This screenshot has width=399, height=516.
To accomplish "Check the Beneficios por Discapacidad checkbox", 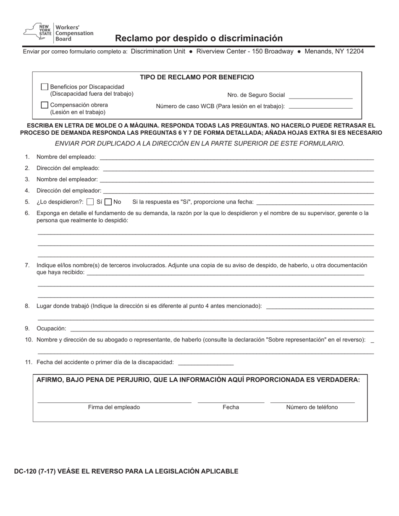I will tap(45, 87).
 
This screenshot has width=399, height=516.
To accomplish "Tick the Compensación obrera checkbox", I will tap(45, 105).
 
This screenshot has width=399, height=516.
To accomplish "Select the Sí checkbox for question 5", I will tap(90, 202).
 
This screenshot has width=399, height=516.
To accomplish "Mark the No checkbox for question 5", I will tap(108, 202).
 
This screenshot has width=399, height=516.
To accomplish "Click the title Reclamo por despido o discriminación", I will tap(199, 38).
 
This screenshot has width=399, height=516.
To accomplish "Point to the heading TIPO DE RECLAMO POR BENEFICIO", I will tap(197, 77).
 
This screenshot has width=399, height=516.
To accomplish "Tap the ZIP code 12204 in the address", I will tap(353, 52).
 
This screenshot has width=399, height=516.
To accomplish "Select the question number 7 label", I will tap(27, 265).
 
